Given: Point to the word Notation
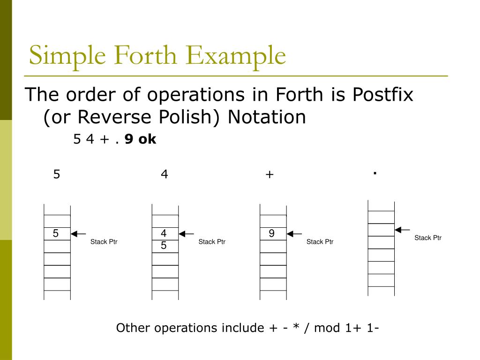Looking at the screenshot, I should [267, 117].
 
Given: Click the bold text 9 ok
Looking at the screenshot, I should [140, 139].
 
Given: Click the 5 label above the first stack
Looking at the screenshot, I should [57, 174].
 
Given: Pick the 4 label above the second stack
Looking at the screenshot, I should [164, 174].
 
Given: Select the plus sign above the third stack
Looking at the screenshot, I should [269, 175].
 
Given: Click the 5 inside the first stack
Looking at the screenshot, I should [56, 233].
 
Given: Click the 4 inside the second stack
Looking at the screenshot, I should [164, 233].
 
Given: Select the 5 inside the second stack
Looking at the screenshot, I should [164, 245].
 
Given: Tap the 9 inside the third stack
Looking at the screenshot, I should [271, 233].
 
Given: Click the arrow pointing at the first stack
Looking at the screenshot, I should [78, 233].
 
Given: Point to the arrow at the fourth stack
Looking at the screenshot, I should [402, 230].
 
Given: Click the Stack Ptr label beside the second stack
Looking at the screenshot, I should [212, 242].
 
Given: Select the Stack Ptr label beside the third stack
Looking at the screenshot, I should [320, 242].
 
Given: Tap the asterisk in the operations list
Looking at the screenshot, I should [296, 328].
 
